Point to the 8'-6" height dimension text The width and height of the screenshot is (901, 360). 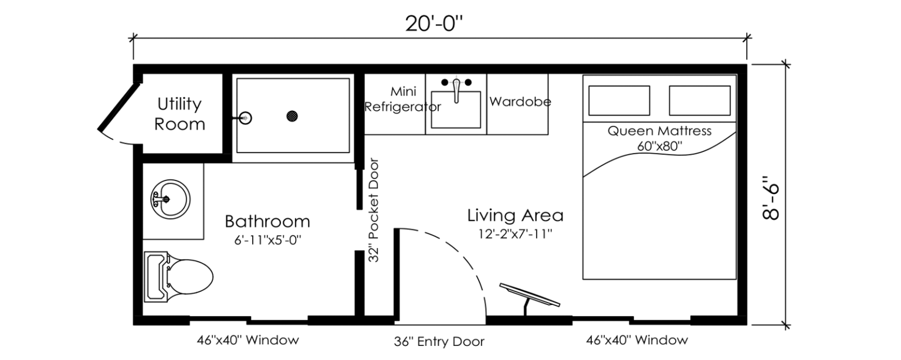(770, 198)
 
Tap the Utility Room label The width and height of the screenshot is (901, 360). (179, 114)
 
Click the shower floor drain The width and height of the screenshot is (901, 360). (292, 116)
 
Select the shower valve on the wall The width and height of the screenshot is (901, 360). (245, 118)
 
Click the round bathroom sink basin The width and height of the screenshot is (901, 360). (171, 199)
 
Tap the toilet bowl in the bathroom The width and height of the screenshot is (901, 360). (189, 277)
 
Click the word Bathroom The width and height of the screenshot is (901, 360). (267, 222)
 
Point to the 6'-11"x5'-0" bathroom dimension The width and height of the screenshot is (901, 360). (267, 240)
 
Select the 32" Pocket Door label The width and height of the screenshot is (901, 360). (374, 210)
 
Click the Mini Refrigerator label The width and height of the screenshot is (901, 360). (402, 99)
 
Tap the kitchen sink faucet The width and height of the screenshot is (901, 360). (456, 89)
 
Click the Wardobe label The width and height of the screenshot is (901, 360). (520, 101)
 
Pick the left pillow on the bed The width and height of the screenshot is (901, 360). (619, 101)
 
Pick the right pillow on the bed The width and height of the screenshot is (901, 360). (700, 101)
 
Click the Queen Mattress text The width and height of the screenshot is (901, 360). (659, 131)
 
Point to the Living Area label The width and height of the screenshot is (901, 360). (515, 216)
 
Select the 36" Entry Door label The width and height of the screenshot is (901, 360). (439, 342)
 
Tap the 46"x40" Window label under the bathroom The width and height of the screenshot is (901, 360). (248, 340)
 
